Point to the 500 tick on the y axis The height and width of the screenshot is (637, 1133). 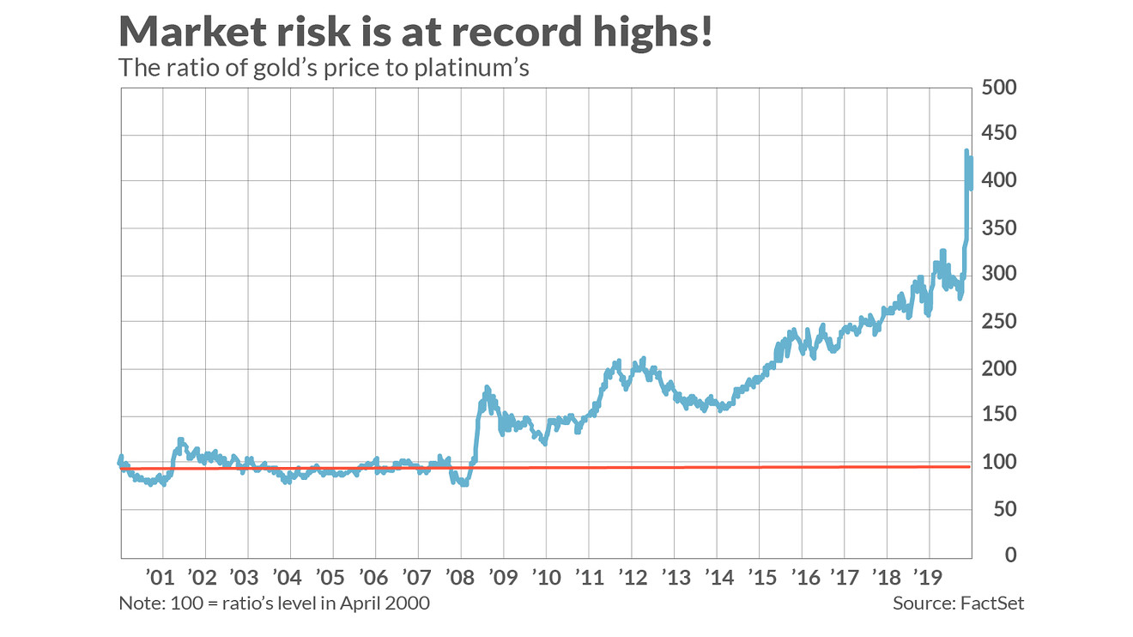pos(999,88)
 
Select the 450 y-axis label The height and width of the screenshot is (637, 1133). pos(999,134)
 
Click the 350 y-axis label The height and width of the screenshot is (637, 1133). pos(999,227)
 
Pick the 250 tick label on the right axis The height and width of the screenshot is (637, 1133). pos(999,321)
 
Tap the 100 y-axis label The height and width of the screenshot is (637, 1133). pos(999,462)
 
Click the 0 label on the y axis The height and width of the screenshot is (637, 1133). pos(1010,555)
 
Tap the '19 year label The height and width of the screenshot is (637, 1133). pos(928,575)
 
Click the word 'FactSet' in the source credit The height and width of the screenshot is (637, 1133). pos(993,604)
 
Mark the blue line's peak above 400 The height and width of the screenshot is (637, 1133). pos(966,152)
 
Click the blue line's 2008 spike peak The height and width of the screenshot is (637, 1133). pos(487,389)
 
